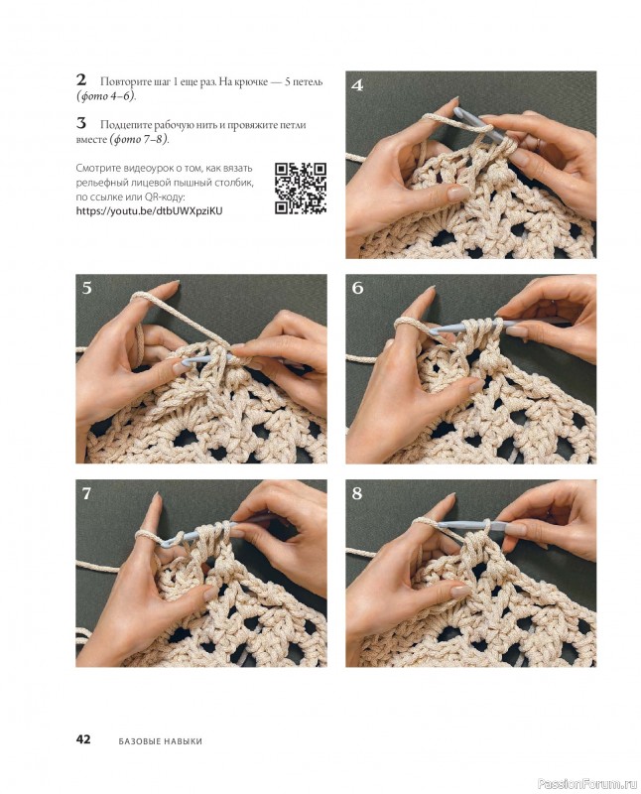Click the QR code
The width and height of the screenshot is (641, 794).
pyautogui.click(x=301, y=188)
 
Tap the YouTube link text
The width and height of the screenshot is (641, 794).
pyautogui.click(x=149, y=210)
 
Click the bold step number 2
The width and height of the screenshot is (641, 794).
pyautogui.click(x=81, y=80)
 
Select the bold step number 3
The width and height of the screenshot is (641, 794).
pyautogui.click(x=81, y=123)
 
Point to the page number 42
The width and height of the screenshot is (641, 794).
pyautogui.click(x=83, y=738)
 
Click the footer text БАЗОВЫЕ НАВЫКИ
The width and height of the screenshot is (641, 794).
pyautogui.click(x=160, y=741)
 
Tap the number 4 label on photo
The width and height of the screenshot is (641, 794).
pyautogui.click(x=357, y=85)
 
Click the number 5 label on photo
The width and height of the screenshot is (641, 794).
pyautogui.click(x=87, y=288)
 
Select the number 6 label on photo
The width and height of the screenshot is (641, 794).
pyautogui.click(x=357, y=288)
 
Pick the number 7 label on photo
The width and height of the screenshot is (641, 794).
pyautogui.click(x=86, y=493)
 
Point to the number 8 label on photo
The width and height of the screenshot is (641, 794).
pyautogui.click(x=357, y=493)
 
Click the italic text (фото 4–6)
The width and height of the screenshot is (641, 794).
pyautogui.click(x=106, y=95)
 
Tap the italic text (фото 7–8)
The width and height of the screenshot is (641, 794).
pyautogui.click(x=140, y=139)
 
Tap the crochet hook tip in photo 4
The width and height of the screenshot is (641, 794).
pyautogui.click(x=457, y=112)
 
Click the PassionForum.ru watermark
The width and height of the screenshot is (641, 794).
pyautogui.click(x=587, y=784)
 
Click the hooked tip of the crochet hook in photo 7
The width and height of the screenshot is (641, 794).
pyautogui.click(x=167, y=542)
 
